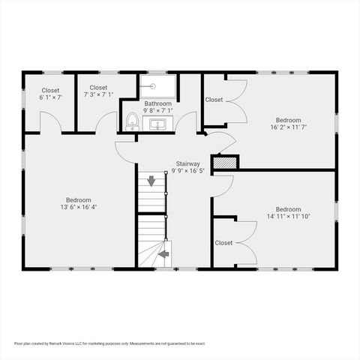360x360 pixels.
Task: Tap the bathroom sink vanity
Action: [x=158, y=124]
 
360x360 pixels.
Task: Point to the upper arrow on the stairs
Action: [x=151, y=181]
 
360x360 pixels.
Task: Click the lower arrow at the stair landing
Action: [x=163, y=255]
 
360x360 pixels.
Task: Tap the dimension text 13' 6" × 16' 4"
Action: [x=78, y=208]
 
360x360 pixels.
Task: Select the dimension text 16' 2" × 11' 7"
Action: [x=288, y=127]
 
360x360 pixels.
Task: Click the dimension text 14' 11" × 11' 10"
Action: [x=288, y=217]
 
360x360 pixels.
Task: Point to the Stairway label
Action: [x=187, y=163]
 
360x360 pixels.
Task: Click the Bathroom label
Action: [x=158, y=103]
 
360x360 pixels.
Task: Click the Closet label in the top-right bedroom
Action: [x=214, y=99]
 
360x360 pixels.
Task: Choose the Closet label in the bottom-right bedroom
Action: [x=223, y=242]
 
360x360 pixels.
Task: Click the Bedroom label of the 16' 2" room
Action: [x=288, y=120]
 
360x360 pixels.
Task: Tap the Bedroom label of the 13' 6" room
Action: [x=78, y=200]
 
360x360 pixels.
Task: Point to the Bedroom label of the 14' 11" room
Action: [x=288, y=209]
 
